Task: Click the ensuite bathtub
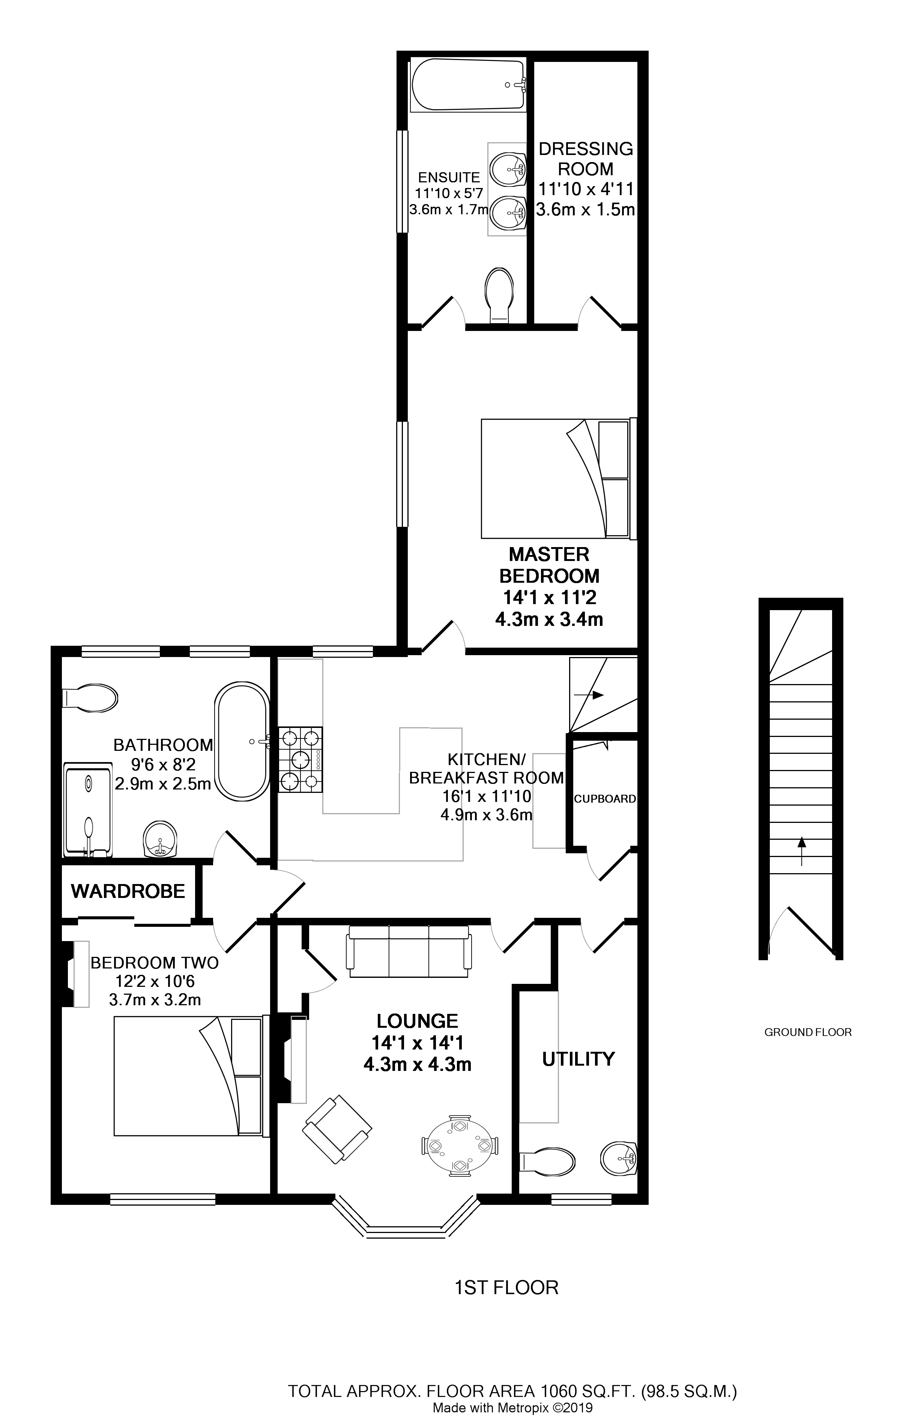469,84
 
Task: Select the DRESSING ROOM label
586,159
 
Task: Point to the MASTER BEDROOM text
550,565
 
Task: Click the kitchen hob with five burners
301,759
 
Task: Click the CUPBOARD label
605,799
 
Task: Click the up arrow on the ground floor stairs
801,851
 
